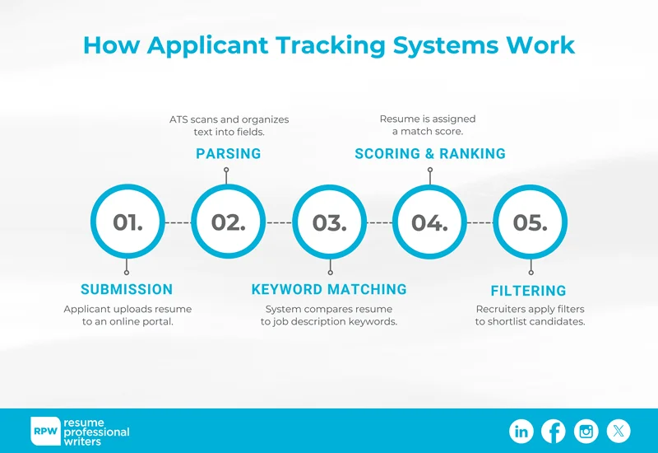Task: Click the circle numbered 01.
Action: pyautogui.click(x=127, y=222)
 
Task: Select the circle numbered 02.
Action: pyautogui.click(x=228, y=222)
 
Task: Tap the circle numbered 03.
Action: pyautogui.click(x=329, y=222)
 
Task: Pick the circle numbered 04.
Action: pyautogui.click(x=429, y=222)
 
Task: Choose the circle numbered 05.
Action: pyautogui.click(x=530, y=222)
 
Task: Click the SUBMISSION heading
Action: pyautogui.click(x=127, y=289)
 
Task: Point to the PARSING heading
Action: pyautogui.click(x=228, y=154)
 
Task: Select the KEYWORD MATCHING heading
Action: pyautogui.click(x=329, y=289)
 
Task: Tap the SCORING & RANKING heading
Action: pyautogui.click(x=430, y=154)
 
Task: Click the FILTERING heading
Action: pyautogui.click(x=528, y=291)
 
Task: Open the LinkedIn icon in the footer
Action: pyautogui.click(x=521, y=431)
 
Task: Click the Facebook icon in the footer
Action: pyautogui.click(x=554, y=431)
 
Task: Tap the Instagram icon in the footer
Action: pyautogui.click(x=586, y=431)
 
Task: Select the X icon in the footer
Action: pyautogui.click(x=619, y=431)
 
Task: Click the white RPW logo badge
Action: pyautogui.click(x=45, y=431)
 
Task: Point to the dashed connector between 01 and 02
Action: pyautogui.click(x=178, y=223)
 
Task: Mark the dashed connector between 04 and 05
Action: pyautogui.click(x=480, y=223)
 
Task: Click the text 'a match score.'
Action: pyautogui.click(x=428, y=132)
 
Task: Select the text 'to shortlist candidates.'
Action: pyautogui.click(x=530, y=322)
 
